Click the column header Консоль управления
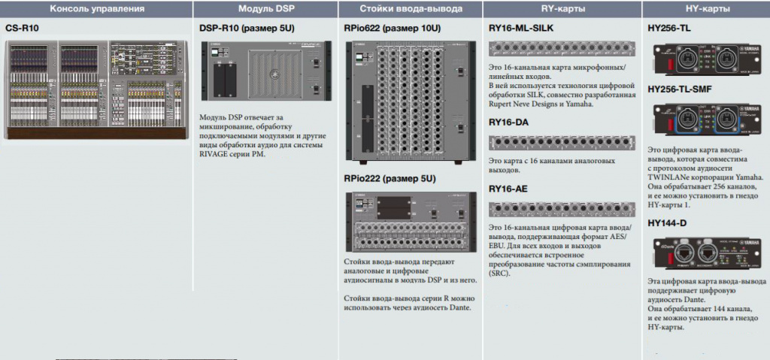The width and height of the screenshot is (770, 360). pos(96,9)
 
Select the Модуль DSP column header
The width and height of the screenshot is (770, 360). pos(265,9)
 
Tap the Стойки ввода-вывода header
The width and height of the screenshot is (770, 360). pos(410,9)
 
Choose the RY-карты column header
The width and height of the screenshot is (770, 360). pos(562,9)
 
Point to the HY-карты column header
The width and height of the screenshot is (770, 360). pos(705,9)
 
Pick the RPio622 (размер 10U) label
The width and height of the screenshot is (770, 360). pos(392,28)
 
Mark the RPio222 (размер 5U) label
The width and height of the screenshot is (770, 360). pos(390,178)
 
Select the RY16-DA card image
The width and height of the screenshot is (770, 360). pos(562,142)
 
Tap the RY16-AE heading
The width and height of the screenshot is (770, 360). pos(508,189)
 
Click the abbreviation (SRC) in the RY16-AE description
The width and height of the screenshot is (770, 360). pos(500,274)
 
